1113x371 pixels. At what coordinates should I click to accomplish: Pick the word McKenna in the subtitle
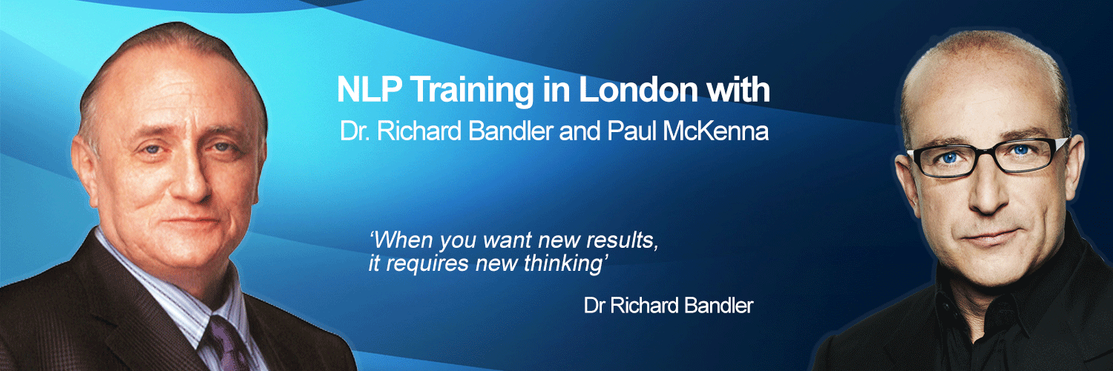click(728, 131)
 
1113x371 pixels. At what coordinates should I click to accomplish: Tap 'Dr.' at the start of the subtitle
click(352, 131)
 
